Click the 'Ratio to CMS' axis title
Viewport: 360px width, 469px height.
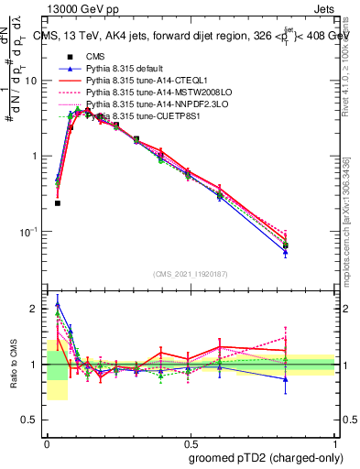tap(14, 365)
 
